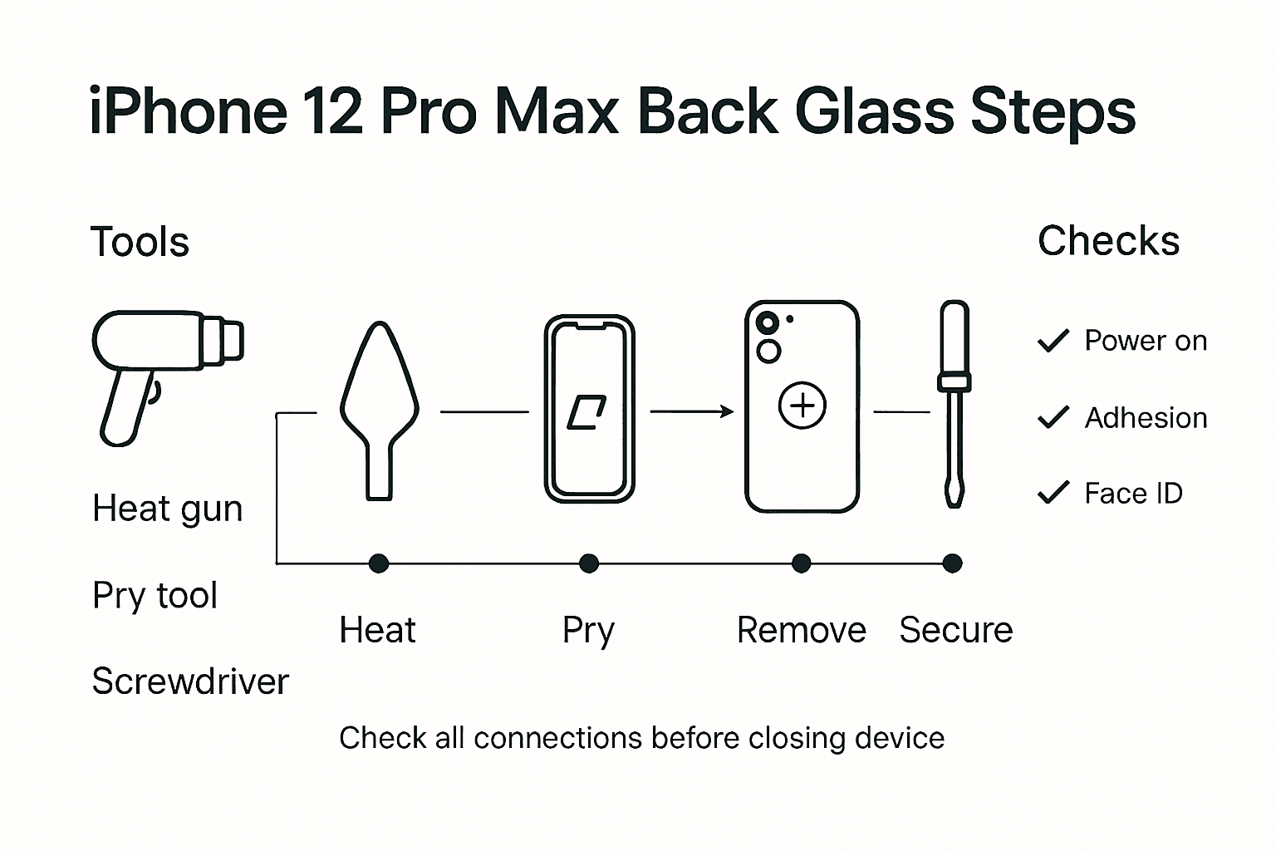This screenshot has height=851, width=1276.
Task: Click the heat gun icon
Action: (x=158, y=366)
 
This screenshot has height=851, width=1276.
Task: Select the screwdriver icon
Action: (x=954, y=403)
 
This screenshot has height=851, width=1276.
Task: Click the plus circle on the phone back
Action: (x=802, y=406)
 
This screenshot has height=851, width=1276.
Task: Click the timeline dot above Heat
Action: (x=379, y=563)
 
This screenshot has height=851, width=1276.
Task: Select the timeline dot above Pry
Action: (x=589, y=563)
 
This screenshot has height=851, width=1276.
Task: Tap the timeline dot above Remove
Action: (x=801, y=563)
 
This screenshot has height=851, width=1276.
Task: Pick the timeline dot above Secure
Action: (x=953, y=563)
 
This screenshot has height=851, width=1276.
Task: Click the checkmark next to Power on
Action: (x=1053, y=341)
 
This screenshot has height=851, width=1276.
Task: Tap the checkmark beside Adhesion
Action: (x=1053, y=417)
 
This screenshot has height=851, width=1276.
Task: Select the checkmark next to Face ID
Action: (x=1053, y=493)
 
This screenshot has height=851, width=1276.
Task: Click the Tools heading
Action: (x=140, y=243)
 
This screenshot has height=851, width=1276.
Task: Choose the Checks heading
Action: (x=1108, y=242)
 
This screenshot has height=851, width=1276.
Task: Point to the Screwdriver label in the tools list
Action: (x=190, y=681)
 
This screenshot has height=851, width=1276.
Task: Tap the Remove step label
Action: (x=801, y=630)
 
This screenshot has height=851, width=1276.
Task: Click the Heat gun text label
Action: (x=167, y=509)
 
